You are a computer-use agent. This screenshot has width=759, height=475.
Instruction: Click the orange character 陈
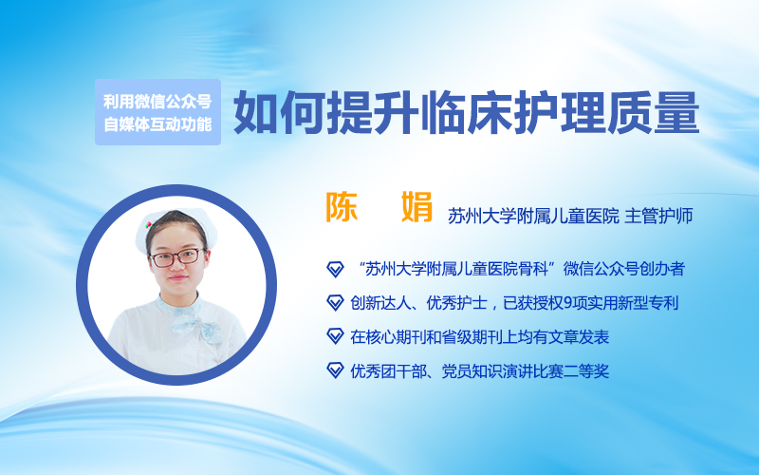tap(342, 207)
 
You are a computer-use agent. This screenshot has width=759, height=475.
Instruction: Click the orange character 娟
tap(417, 207)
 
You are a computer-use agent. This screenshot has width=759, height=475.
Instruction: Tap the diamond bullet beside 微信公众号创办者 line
tap(335, 269)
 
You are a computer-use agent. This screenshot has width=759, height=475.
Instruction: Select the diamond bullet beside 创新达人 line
tap(335, 303)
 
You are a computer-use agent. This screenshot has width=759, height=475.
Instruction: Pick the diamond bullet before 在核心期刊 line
tap(335, 337)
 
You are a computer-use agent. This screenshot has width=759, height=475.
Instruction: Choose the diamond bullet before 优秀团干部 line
tap(335, 370)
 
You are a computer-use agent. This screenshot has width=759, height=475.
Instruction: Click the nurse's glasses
tap(176, 257)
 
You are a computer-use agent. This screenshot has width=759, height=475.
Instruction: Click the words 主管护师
tap(658, 217)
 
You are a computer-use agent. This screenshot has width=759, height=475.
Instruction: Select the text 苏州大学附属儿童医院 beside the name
tap(533, 217)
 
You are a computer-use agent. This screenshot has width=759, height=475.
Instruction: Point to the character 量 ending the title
tap(676, 112)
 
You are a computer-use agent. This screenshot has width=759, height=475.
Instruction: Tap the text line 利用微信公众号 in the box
tap(157, 102)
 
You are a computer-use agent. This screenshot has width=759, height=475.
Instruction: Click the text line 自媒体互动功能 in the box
tap(157, 124)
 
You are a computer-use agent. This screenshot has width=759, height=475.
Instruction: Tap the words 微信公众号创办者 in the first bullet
tap(624, 269)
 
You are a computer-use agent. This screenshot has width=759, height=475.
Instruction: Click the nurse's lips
tap(177, 278)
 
